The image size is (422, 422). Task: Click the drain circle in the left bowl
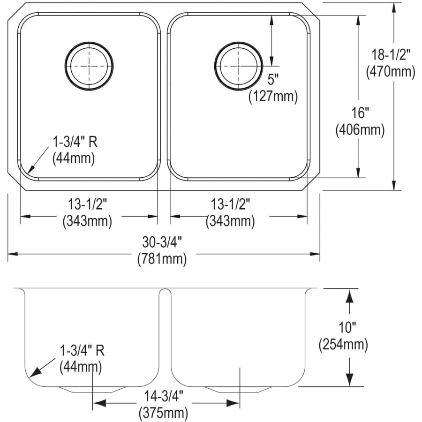[x=89, y=66]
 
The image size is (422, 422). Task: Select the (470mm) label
[x=390, y=72]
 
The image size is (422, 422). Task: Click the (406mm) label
[x=360, y=130]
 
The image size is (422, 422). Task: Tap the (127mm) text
[x=273, y=96]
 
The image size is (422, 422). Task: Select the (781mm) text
[x=162, y=258]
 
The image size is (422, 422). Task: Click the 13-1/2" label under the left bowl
[x=88, y=204]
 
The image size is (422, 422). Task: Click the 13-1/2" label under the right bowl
[x=231, y=204]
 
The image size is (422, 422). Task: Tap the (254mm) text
[x=343, y=345]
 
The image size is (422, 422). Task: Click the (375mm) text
[x=164, y=413]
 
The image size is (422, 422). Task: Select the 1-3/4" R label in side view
[x=81, y=350]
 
